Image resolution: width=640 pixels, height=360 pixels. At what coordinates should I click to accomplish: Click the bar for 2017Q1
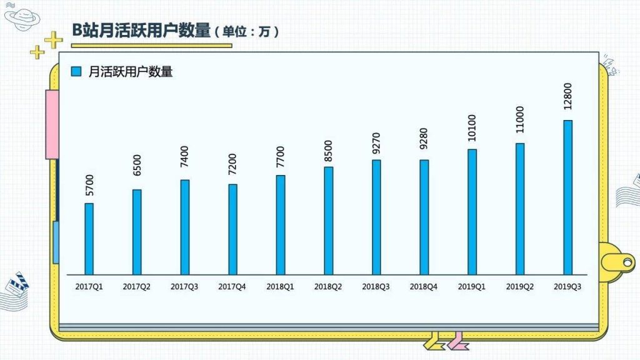pos(89,239)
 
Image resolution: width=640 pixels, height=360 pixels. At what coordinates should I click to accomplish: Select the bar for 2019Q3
pos(567,197)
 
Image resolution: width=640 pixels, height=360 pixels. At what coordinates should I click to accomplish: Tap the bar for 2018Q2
pos(329,221)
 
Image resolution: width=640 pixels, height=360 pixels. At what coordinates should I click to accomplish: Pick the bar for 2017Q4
pos(233,229)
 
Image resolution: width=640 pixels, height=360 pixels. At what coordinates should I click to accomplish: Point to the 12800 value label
pos(567,97)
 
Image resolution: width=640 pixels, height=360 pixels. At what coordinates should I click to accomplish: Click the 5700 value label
pos(89,184)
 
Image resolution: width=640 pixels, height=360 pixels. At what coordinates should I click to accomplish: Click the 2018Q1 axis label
pos(281,287)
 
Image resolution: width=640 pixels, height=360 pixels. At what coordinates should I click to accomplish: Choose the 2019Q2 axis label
pos(519,287)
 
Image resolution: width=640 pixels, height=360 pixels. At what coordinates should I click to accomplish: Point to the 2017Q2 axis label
pos(137,287)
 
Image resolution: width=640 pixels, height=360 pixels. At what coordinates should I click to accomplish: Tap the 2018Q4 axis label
pos(424,287)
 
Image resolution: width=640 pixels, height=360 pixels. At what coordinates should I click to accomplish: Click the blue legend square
pos(77,72)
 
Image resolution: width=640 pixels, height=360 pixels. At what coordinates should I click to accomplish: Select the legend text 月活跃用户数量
pos(131,72)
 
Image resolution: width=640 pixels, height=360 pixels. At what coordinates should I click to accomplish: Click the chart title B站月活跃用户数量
pos(141,30)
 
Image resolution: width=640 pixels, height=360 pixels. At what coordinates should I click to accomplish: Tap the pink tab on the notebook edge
pos(52,124)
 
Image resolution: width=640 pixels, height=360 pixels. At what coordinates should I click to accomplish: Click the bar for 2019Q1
pos(472,212)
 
